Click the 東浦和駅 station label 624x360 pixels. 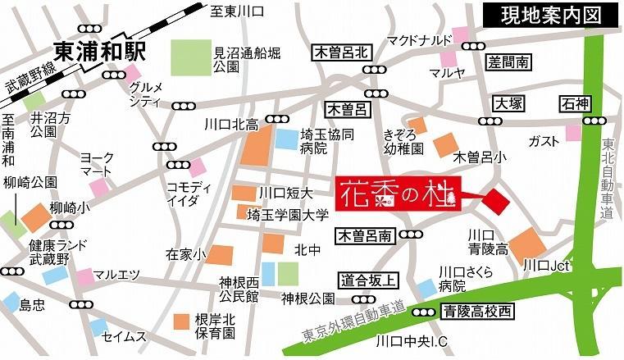(99, 51)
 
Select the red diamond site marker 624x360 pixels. (495, 200)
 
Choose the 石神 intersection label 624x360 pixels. (576, 104)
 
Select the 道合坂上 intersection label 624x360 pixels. (368, 280)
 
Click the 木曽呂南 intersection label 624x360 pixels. (365, 236)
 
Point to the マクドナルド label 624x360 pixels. (420, 39)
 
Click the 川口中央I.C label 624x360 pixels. (409, 340)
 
